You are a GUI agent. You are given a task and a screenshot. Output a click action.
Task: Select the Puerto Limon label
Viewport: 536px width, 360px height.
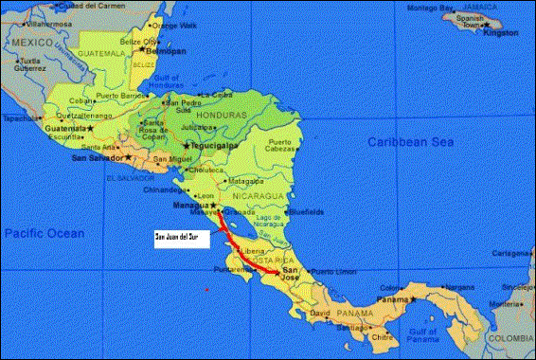point(331,272)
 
